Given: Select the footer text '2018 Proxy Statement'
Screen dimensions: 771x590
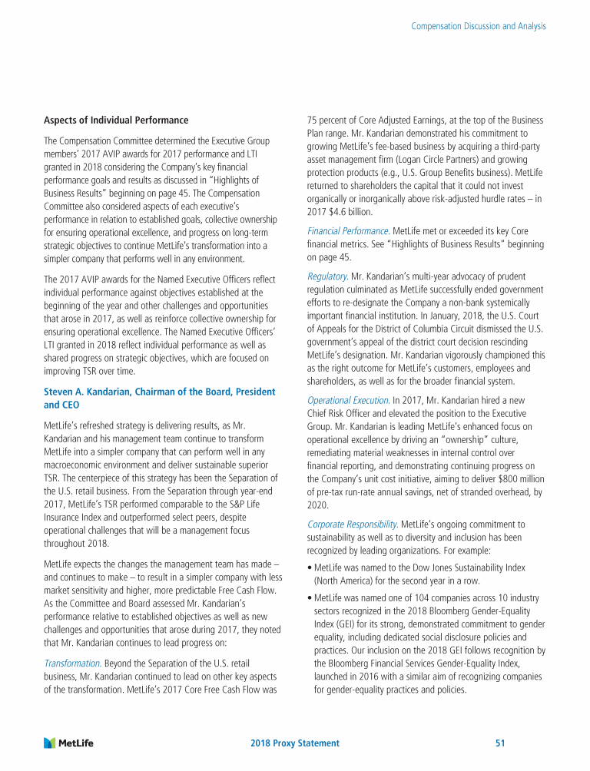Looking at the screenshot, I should tap(295, 743).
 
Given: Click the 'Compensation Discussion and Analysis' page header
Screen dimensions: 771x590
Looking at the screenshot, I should tap(479, 26).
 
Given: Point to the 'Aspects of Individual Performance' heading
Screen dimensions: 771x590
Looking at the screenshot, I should tap(116, 121).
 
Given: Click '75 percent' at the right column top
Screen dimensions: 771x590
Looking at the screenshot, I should tap(326, 121).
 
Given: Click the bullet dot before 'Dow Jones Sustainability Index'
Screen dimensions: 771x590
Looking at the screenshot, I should tap(309, 567).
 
